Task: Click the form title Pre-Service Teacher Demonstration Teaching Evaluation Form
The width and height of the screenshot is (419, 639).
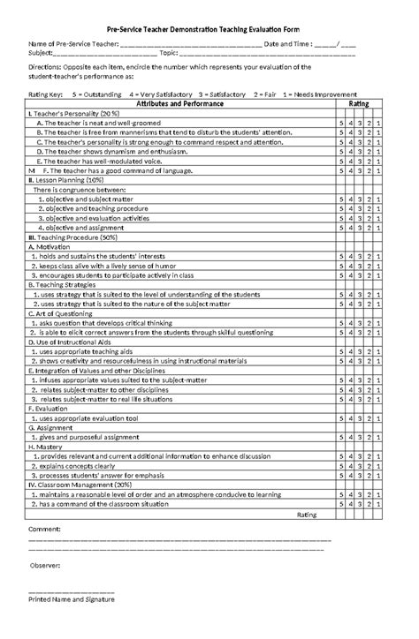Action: tap(209, 29)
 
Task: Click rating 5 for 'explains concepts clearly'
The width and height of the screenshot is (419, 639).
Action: tap(341, 466)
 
